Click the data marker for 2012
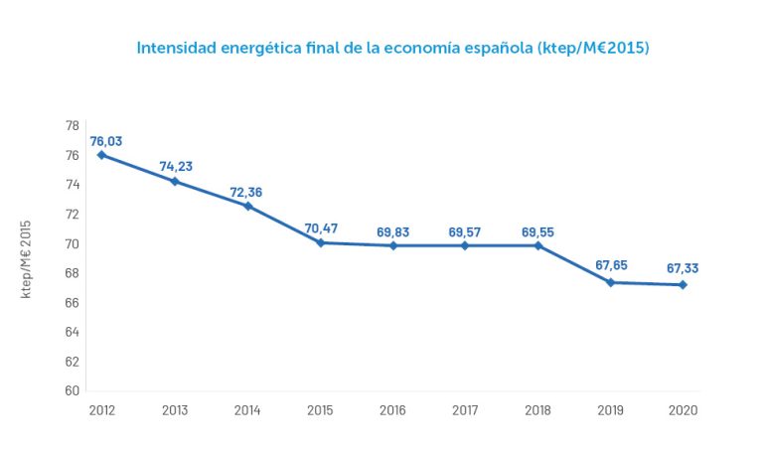[x=101, y=155]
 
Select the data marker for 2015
[x=321, y=242]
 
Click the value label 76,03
[x=106, y=141]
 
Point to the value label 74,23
[x=176, y=167]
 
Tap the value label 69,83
[x=393, y=232]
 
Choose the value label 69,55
[x=538, y=232]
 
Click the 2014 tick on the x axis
[x=247, y=410]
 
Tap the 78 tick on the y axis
[x=73, y=126]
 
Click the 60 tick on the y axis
[x=73, y=390]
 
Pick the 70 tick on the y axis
[x=73, y=243]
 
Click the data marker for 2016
[x=393, y=245]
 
